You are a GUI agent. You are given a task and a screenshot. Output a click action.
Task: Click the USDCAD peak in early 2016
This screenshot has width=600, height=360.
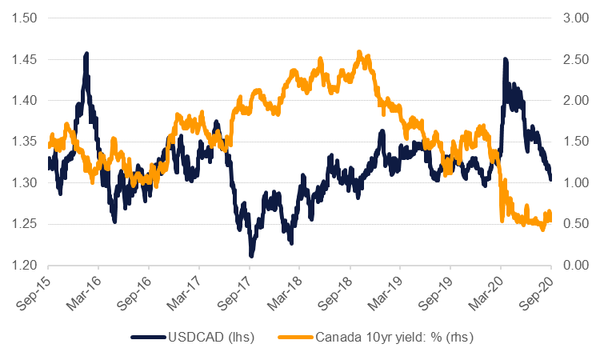pyautogui.click(x=86, y=54)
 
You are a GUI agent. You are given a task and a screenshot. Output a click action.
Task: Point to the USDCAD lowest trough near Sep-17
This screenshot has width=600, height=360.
pyautogui.click(x=251, y=255)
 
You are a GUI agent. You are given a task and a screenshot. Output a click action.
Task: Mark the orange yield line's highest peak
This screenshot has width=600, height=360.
pyautogui.click(x=359, y=52)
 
